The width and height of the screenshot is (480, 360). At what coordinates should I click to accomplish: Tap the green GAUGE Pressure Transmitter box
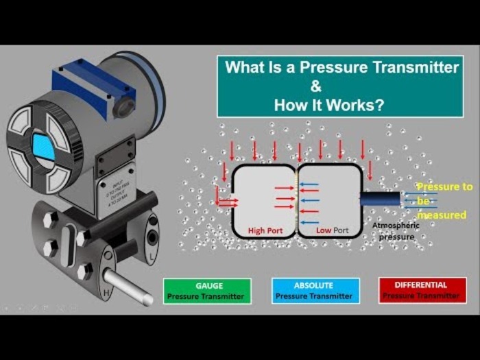point(207,291)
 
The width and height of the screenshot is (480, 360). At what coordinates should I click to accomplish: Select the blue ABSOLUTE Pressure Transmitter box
point(314,291)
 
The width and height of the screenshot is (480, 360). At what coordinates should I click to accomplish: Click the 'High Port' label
point(265,230)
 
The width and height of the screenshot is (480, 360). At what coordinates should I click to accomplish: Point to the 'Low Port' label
point(333,230)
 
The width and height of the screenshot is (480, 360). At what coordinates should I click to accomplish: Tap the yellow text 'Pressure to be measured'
point(444,200)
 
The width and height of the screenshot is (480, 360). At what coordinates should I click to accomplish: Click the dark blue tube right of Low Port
point(381,198)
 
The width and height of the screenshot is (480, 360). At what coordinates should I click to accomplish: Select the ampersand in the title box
point(316,87)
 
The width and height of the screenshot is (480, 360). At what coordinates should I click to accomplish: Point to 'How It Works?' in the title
point(328,106)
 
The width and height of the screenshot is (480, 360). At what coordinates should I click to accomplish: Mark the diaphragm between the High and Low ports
point(296,199)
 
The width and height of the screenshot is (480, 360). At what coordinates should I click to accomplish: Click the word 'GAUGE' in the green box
point(207,285)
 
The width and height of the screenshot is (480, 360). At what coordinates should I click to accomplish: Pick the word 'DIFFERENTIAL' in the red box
point(420,285)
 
